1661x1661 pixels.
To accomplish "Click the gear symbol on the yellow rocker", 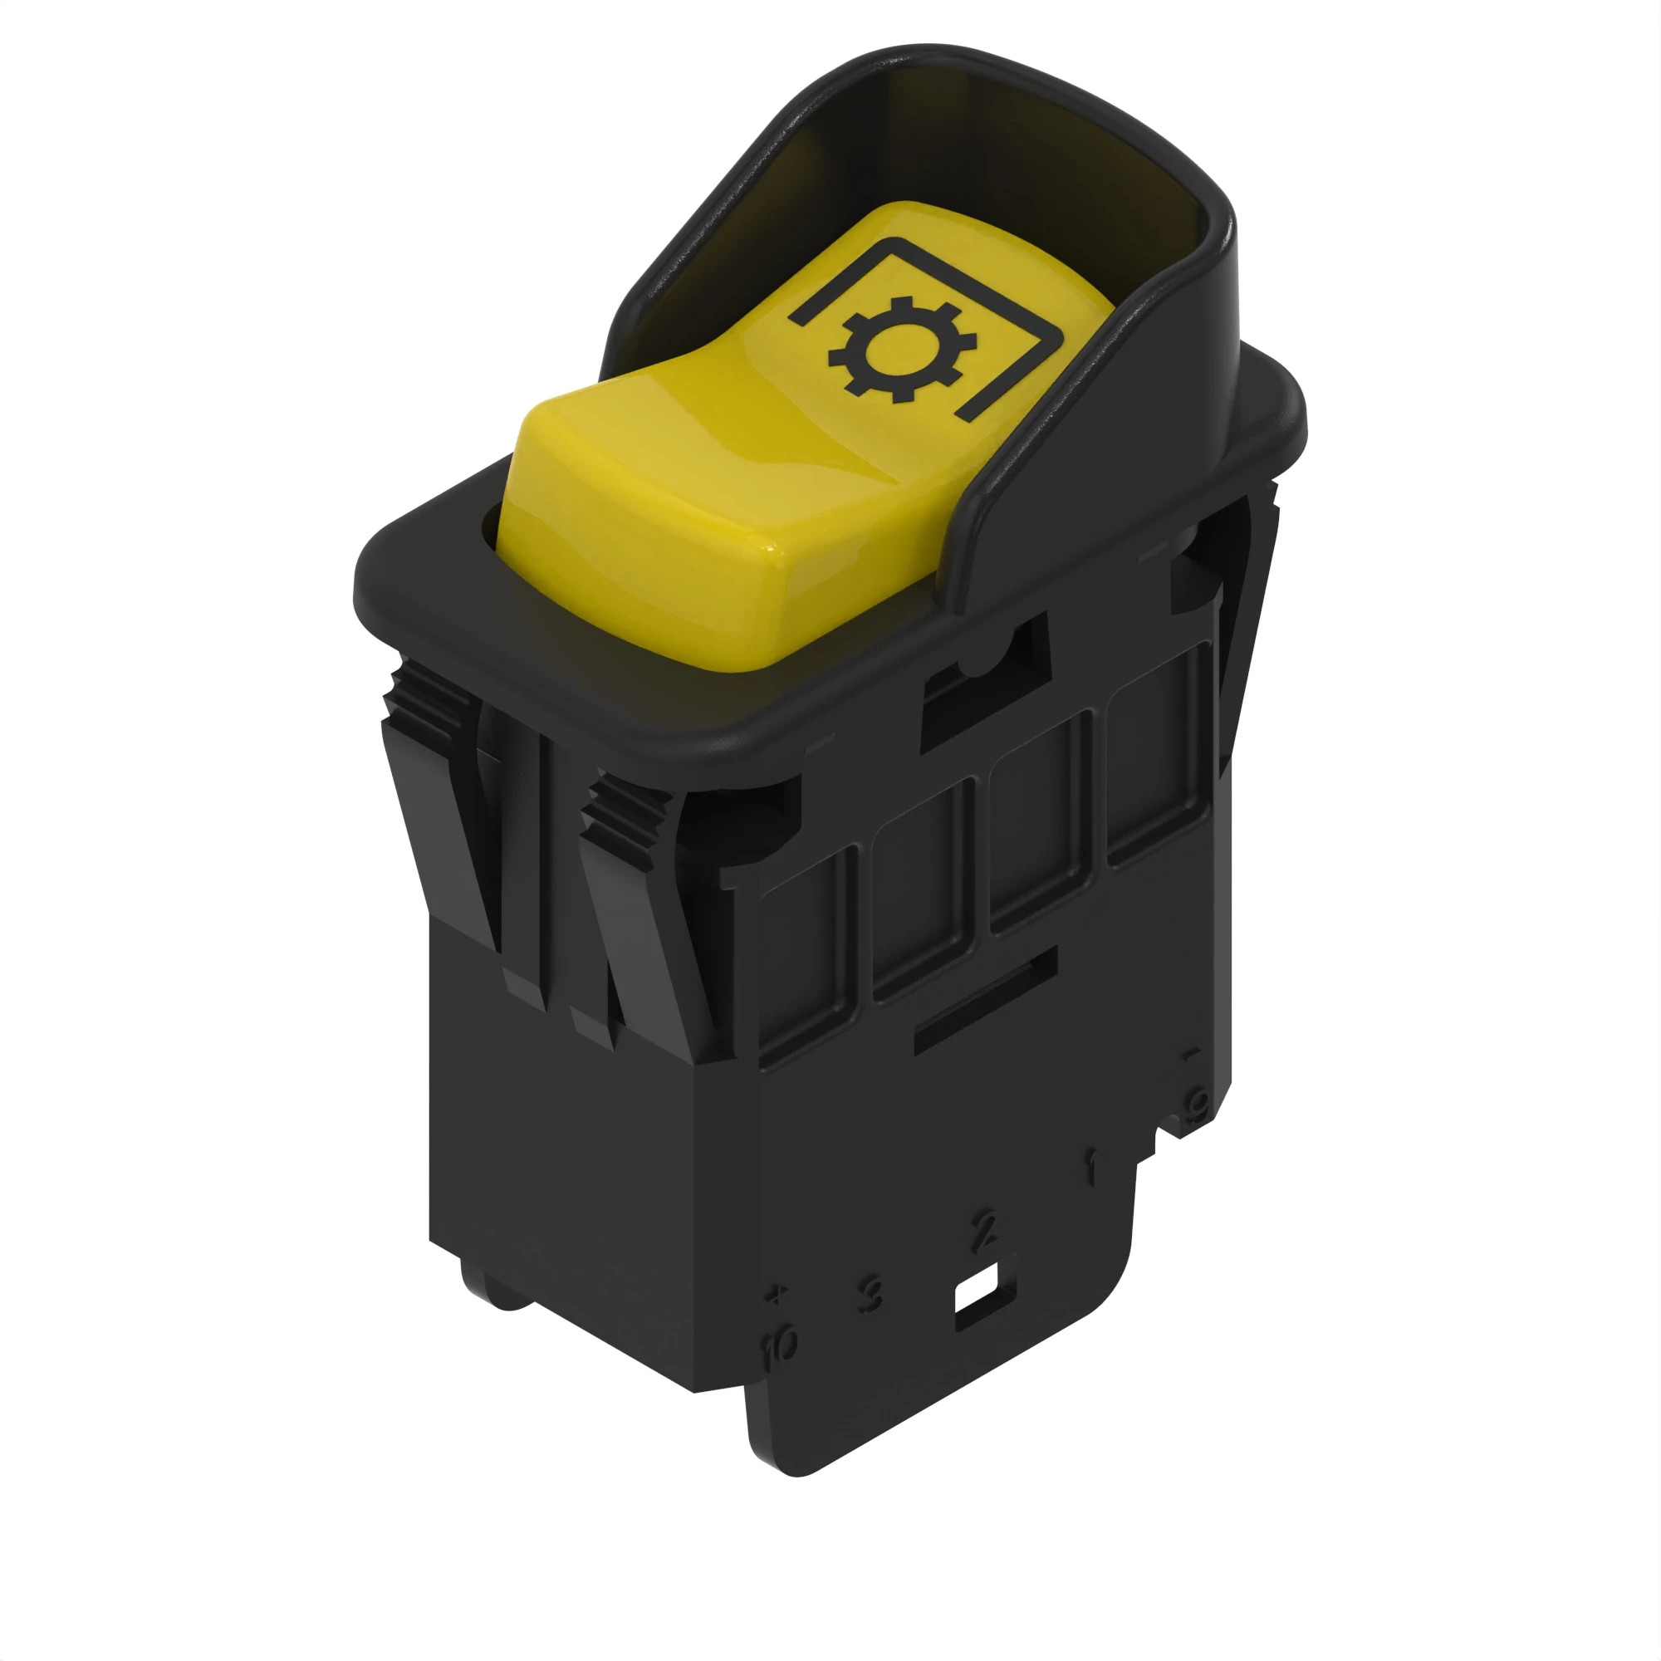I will click(x=902, y=350).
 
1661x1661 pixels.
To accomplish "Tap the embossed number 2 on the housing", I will click(x=984, y=1230).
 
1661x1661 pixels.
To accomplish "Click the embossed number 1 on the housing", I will click(x=1091, y=1169).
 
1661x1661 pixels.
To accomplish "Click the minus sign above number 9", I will click(x=1192, y=1054).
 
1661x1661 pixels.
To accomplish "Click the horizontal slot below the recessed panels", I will click(x=984, y=1002).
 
